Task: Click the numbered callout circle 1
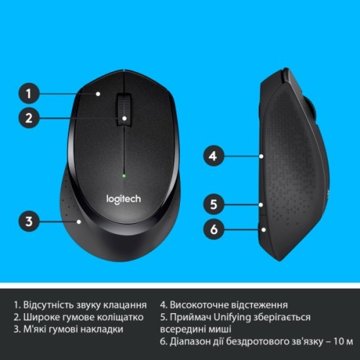click(29, 93)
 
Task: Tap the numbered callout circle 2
click(29, 119)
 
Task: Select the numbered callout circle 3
click(29, 220)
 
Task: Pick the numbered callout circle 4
click(212, 155)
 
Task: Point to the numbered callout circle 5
click(212, 204)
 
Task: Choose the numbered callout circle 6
click(212, 230)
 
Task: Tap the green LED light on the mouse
click(124, 174)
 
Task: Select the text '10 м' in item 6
click(342, 342)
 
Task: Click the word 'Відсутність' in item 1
click(53, 304)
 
